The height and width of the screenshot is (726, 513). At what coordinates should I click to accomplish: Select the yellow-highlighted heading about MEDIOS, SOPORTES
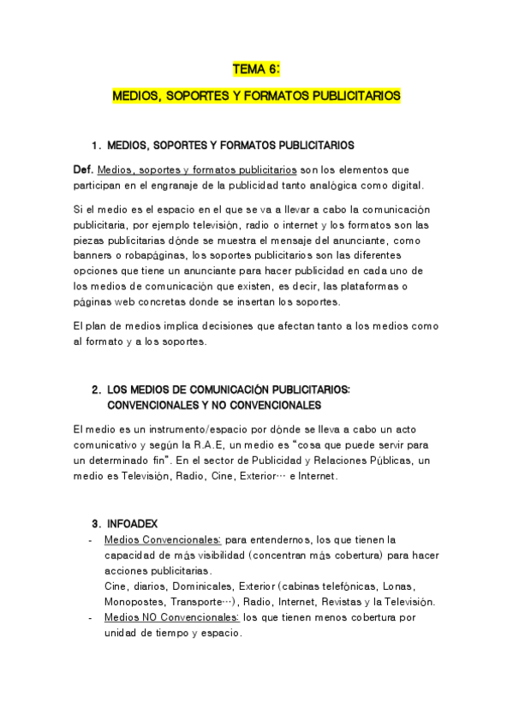pyautogui.click(x=256, y=97)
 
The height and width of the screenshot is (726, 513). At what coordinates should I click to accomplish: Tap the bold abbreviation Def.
pyautogui.click(x=83, y=170)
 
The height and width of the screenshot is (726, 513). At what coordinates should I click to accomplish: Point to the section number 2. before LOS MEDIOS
pyautogui.click(x=96, y=390)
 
